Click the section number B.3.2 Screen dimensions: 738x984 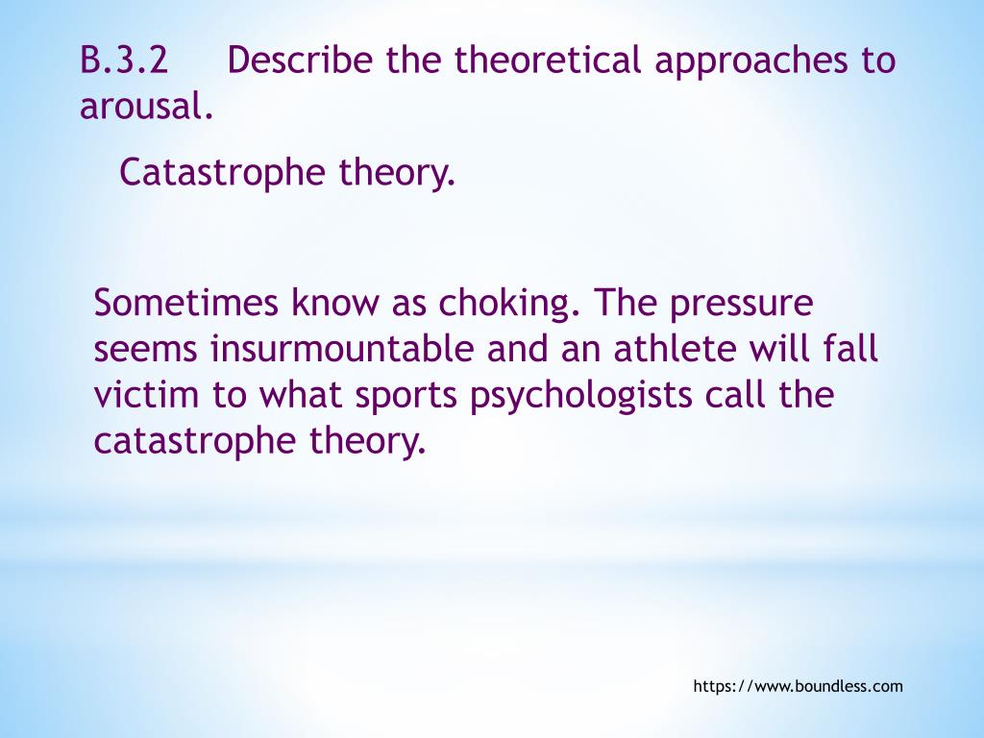click(x=124, y=61)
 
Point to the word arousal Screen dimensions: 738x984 click(x=145, y=107)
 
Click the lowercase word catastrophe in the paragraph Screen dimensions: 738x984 click(x=196, y=442)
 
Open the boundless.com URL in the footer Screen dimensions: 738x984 click(x=798, y=686)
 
